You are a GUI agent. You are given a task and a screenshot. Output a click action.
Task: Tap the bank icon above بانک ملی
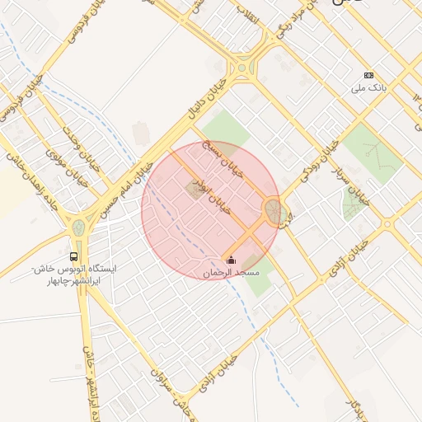pyautogui.click(x=368, y=75)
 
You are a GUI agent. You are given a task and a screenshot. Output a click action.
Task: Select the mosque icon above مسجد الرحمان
pyautogui.click(x=230, y=260)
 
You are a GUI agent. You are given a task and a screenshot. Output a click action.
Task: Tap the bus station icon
pyautogui.click(x=75, y=256)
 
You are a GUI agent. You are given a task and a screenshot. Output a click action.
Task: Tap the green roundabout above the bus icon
pyautogui.click(x=78, y=227)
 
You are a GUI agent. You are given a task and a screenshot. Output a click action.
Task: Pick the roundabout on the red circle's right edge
pyautogui.click(x=274, y=213)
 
